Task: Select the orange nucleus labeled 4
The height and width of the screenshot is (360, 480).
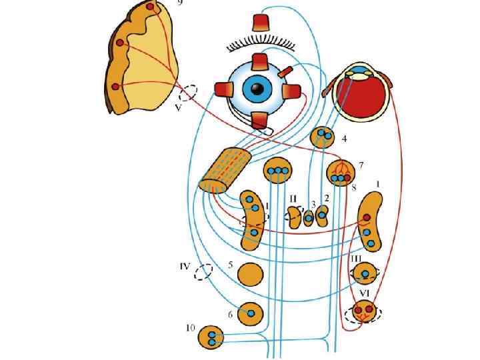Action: tap(324, 136)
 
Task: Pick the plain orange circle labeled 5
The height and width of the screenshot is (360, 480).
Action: tap(250, 274)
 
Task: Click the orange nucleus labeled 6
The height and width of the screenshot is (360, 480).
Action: tap(251, 311)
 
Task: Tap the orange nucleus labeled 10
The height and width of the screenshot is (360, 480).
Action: tap(212, 337)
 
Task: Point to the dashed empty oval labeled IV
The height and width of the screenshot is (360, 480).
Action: tap(203, 272)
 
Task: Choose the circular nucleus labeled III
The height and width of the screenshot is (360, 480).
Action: tap(365, 272)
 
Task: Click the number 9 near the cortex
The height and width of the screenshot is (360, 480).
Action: tap(179, 3)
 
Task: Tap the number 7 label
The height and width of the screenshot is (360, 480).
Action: tap(361, 164)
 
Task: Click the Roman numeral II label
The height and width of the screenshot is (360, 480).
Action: tap(293, 198)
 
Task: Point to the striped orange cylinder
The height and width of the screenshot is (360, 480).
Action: tap(226, 169)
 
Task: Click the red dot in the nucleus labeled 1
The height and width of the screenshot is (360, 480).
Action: tap(366, 218)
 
